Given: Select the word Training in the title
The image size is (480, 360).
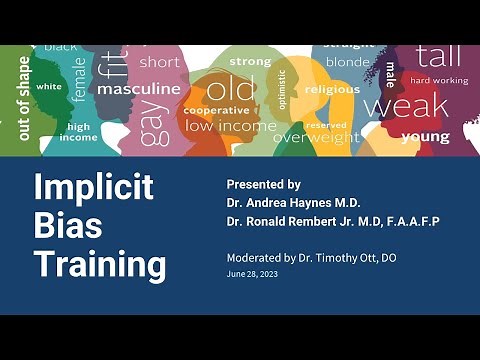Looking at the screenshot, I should tap(100, 265).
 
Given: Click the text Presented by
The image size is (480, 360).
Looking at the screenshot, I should tap(263, 185).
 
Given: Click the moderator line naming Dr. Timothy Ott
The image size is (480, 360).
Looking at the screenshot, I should tap(311, 258).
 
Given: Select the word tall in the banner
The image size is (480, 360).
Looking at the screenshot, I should tap(439, 57).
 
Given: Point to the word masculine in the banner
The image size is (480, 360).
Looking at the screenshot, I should tap(139, 88).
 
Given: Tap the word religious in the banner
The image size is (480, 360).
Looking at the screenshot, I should tap(332, 89).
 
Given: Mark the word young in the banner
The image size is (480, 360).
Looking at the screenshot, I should tap(425, 137).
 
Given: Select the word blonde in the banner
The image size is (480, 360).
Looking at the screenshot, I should tap(347, 62).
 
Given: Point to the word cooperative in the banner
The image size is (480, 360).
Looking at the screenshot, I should tap(216, 110).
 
